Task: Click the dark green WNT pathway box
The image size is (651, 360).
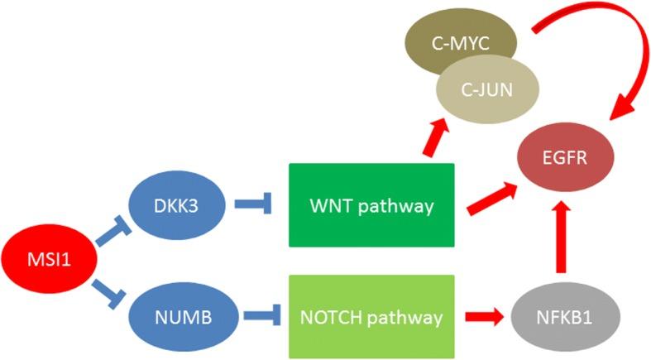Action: (371, 205)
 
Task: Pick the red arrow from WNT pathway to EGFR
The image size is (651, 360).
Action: (492, 197)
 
